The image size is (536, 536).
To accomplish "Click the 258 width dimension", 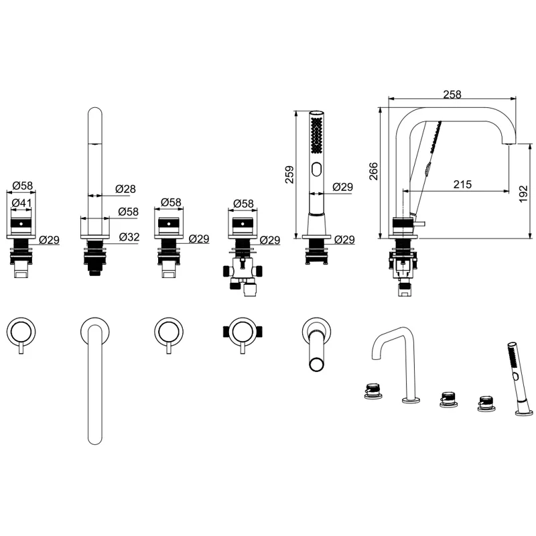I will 452,95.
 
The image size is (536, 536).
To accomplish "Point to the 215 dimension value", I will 462,184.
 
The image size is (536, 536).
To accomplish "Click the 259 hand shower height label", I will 289,176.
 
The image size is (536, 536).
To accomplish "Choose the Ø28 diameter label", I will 126,189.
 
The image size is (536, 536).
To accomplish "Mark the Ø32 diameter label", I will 130,237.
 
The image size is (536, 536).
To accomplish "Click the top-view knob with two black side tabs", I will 241,331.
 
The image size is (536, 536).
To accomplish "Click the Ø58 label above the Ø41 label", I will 22,185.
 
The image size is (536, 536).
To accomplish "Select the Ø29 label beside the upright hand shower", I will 344,188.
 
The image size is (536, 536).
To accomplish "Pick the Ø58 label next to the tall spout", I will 129,212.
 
